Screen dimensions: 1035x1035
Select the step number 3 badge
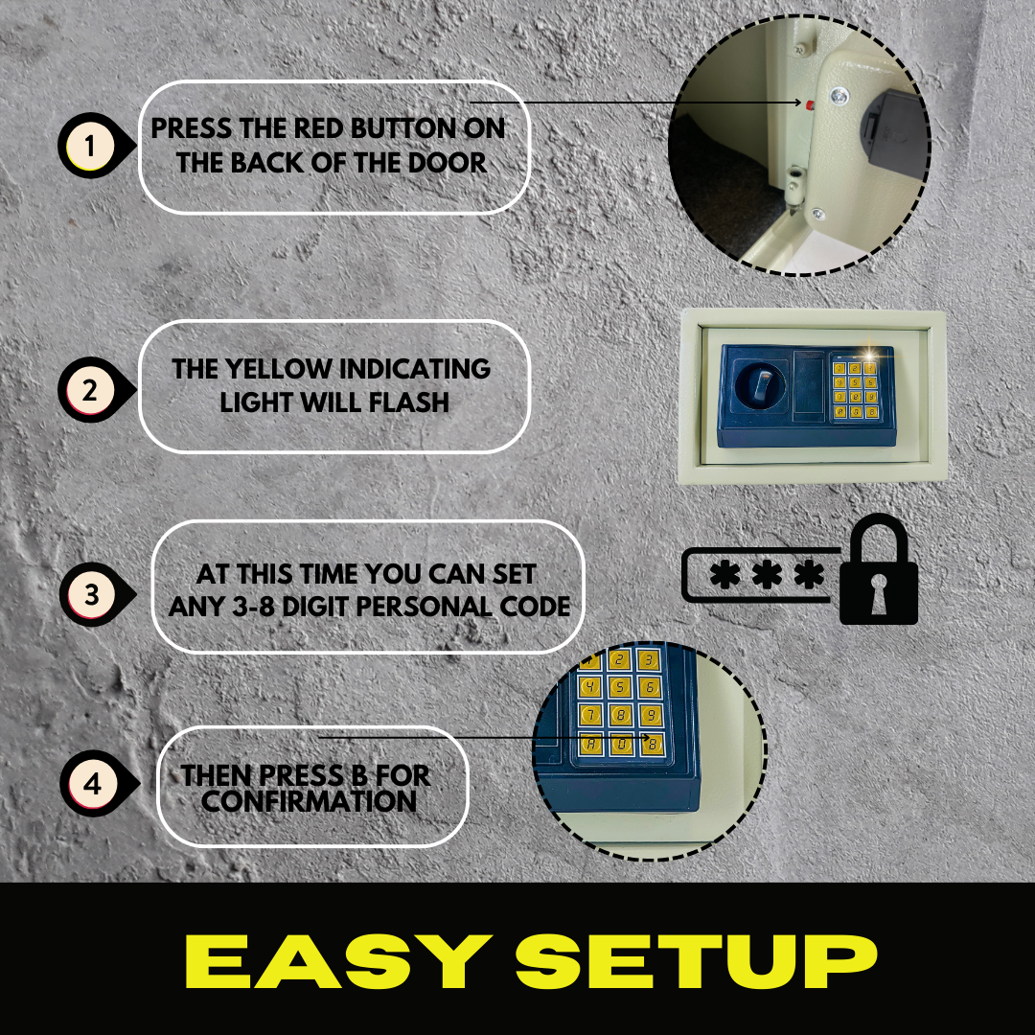(92, 594)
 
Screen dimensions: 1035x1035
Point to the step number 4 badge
(93, 784)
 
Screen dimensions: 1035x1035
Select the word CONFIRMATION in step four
(309, 801)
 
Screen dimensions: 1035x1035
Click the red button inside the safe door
(809, 103)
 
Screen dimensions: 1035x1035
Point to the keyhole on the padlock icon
(879, 593)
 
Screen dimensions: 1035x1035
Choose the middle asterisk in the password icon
(767, 574)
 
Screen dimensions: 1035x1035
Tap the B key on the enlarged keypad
(653, 745)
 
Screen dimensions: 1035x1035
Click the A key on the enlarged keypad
(590, 745)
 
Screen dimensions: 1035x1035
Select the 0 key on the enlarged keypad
(621, 745)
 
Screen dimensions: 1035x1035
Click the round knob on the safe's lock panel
(760, 385)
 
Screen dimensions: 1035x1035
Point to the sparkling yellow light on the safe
(869, 357)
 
